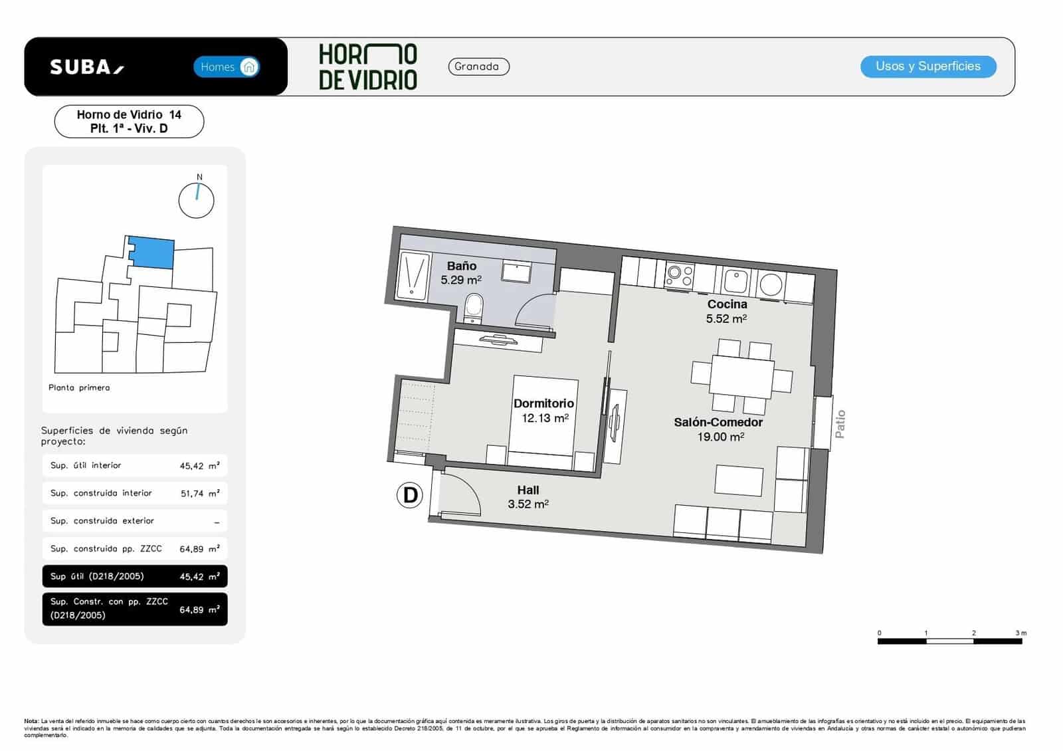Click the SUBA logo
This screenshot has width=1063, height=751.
86,67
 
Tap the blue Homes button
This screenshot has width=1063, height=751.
227,66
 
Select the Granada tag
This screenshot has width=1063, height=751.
478,66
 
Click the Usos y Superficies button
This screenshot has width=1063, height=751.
927,66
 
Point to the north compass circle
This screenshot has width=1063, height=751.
197,200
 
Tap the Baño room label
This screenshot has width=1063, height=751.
461,266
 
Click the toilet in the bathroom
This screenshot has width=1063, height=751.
474,307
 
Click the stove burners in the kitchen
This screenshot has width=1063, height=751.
679,276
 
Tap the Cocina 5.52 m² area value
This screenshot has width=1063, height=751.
726,319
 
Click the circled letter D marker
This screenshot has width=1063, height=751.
410,495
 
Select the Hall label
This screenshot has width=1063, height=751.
528,490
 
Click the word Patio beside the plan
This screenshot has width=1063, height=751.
840,424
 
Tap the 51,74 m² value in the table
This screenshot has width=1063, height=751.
199,494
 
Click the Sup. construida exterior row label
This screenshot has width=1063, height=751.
102,521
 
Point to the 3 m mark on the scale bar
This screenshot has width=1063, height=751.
1020,633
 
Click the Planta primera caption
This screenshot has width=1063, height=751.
79,387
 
